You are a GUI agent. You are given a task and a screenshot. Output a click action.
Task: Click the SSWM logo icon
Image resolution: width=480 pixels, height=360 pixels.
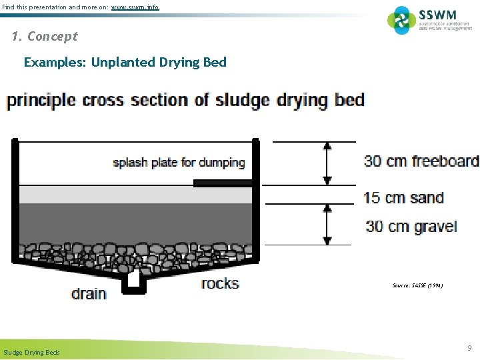[402, 20]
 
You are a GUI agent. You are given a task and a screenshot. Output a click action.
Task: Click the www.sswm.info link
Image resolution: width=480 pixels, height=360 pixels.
[135, 7]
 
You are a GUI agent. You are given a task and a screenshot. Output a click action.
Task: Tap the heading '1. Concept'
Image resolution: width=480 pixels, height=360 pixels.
[45, 37]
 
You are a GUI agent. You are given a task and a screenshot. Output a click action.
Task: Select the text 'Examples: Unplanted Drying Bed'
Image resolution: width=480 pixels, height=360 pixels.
[125, 63]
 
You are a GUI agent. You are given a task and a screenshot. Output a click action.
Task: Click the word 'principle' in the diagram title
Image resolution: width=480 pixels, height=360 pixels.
[41, 101]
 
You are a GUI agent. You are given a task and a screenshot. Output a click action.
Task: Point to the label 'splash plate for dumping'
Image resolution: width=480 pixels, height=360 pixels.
[179, 162]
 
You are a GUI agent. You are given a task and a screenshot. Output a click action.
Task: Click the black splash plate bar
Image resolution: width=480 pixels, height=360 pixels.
[223, 182]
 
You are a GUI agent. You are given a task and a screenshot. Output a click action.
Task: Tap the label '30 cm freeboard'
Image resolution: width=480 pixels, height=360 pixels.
[421, 161]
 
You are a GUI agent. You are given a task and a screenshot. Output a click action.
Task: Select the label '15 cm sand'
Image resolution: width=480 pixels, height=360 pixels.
[403, 198]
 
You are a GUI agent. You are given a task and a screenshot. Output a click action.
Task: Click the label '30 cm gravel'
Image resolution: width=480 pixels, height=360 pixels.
[411, 227]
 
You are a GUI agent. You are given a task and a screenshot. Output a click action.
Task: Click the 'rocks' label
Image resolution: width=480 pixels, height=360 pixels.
[220, 283]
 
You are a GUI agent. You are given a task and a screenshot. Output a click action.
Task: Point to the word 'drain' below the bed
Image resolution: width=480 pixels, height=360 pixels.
[89, 293]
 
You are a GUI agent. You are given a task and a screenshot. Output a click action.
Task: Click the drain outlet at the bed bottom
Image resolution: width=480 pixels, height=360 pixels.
[134, 279]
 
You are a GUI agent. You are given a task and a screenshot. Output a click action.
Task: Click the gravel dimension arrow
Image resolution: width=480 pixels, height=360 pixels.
[327, 224]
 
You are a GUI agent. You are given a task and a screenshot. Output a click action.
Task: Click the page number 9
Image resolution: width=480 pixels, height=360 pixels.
[469, 347]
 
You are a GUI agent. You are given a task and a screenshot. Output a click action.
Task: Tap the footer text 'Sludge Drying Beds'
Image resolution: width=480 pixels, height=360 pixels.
[31, 352]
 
